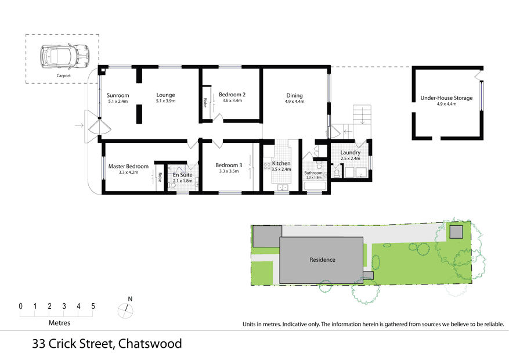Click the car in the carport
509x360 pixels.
coord(63,57)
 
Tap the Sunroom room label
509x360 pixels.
coord(117,95)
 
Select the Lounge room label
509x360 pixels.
coord(165,95)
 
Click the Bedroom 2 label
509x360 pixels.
coord(232,95)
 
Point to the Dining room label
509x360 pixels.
coord(294,96)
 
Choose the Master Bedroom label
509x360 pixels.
coord(128,167)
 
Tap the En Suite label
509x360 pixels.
coord(182,175)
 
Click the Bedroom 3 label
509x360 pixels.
coord(228,164)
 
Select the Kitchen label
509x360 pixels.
coord(281,164)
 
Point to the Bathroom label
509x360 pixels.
coord(313,173)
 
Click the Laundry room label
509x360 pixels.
coord(351,153)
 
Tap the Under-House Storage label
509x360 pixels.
coord(446,98)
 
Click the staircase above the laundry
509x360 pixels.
coord(362,115)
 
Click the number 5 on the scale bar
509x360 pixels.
coord(93,306)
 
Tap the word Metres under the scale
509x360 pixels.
coord(59,322)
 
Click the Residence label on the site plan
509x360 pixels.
coord(322,260)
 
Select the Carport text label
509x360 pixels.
coord(63,76)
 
